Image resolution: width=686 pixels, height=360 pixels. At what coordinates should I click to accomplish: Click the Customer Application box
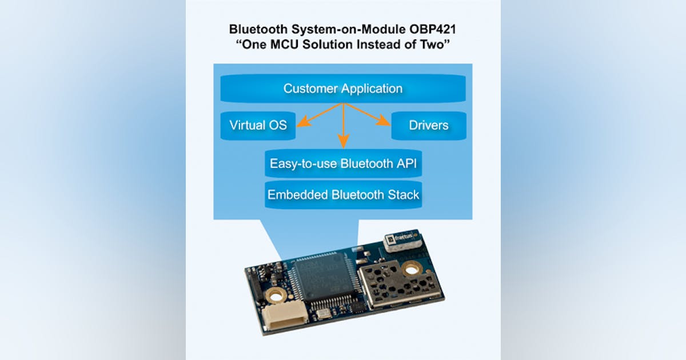pos(343,89)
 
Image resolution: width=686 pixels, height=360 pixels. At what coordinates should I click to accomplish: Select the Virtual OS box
pos(257,125)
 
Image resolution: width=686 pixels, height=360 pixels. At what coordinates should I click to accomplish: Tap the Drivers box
pos(429,125)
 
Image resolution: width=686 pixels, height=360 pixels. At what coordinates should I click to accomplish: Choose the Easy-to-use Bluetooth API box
pos(343,163)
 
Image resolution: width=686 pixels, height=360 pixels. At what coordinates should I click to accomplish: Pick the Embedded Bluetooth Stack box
pos(343,194)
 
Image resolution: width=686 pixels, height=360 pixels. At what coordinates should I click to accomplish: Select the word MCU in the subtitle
pos(294,45)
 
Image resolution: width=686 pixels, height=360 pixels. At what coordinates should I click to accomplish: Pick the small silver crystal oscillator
pos(323,313)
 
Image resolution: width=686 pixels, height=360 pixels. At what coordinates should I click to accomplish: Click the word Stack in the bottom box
pos(402,194)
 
